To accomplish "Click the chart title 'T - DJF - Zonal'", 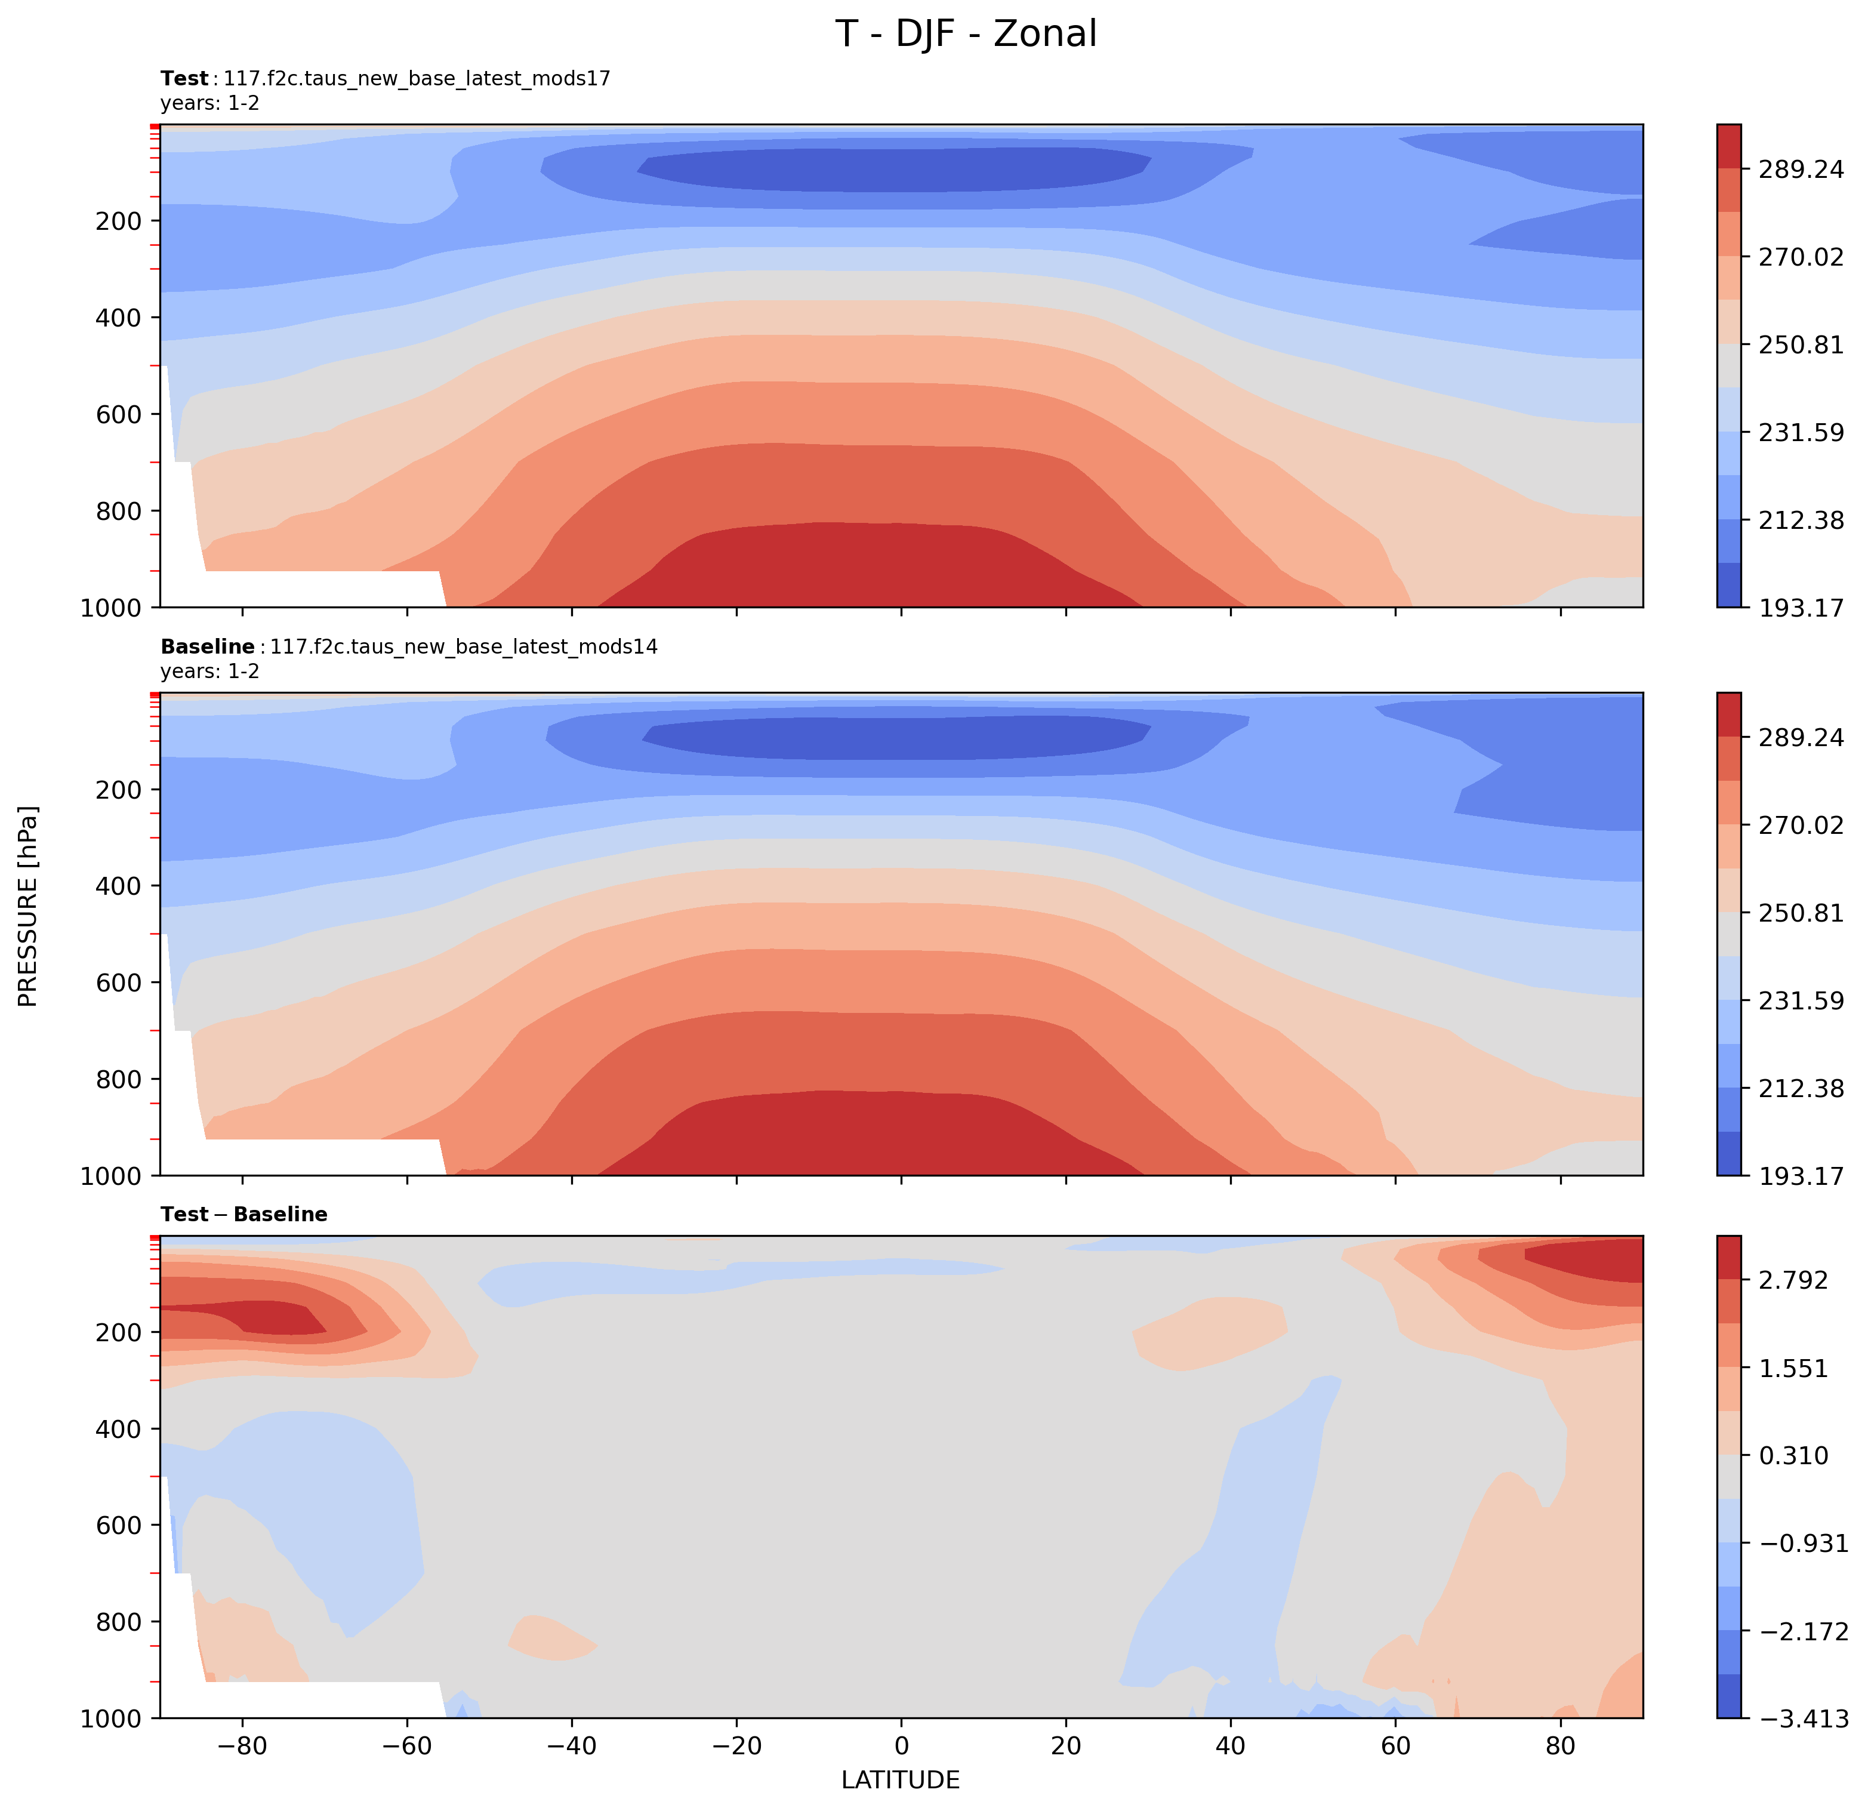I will [966, 34].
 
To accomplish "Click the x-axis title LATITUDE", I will [901, 1779].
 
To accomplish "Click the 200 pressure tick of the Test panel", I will [119, 221].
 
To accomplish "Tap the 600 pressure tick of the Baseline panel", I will [119, 983].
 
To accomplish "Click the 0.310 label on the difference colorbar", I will [1793, 1455].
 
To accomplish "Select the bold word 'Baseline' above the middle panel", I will [207, 647].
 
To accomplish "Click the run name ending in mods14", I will [464, 647].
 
